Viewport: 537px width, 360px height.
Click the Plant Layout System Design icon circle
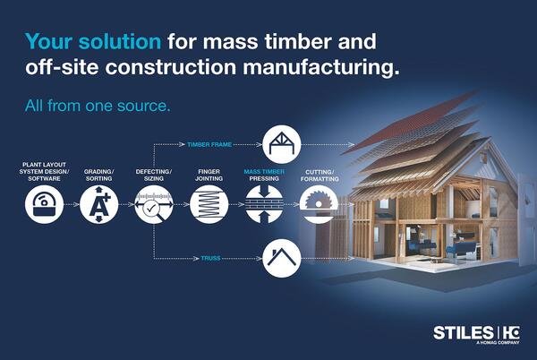[44, 204]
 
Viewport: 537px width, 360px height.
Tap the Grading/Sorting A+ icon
[99, 204]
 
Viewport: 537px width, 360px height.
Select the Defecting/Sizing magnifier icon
[154, 204]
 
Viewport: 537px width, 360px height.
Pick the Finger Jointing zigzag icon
[209, 204]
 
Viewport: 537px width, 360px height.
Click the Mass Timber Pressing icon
[264, 204]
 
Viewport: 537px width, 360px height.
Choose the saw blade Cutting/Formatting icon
[319, 204]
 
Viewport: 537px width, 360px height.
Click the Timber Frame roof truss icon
[282, 144]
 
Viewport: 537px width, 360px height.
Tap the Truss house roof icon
[282, 258]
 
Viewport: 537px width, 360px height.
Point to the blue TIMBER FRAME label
[209, 144]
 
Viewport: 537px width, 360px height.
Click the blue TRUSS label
[210, 258]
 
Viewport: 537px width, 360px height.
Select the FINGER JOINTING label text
[209, 175]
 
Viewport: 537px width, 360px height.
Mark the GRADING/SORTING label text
[99, 175]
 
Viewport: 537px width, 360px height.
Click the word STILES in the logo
[463, 333]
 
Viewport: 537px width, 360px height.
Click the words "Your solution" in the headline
[93, 42]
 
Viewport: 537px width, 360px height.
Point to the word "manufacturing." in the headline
[321, 67]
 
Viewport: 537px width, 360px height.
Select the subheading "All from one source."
[98, 106]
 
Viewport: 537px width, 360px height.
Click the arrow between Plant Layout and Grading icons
[72, 204]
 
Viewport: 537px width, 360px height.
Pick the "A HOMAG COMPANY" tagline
[498, 342]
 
